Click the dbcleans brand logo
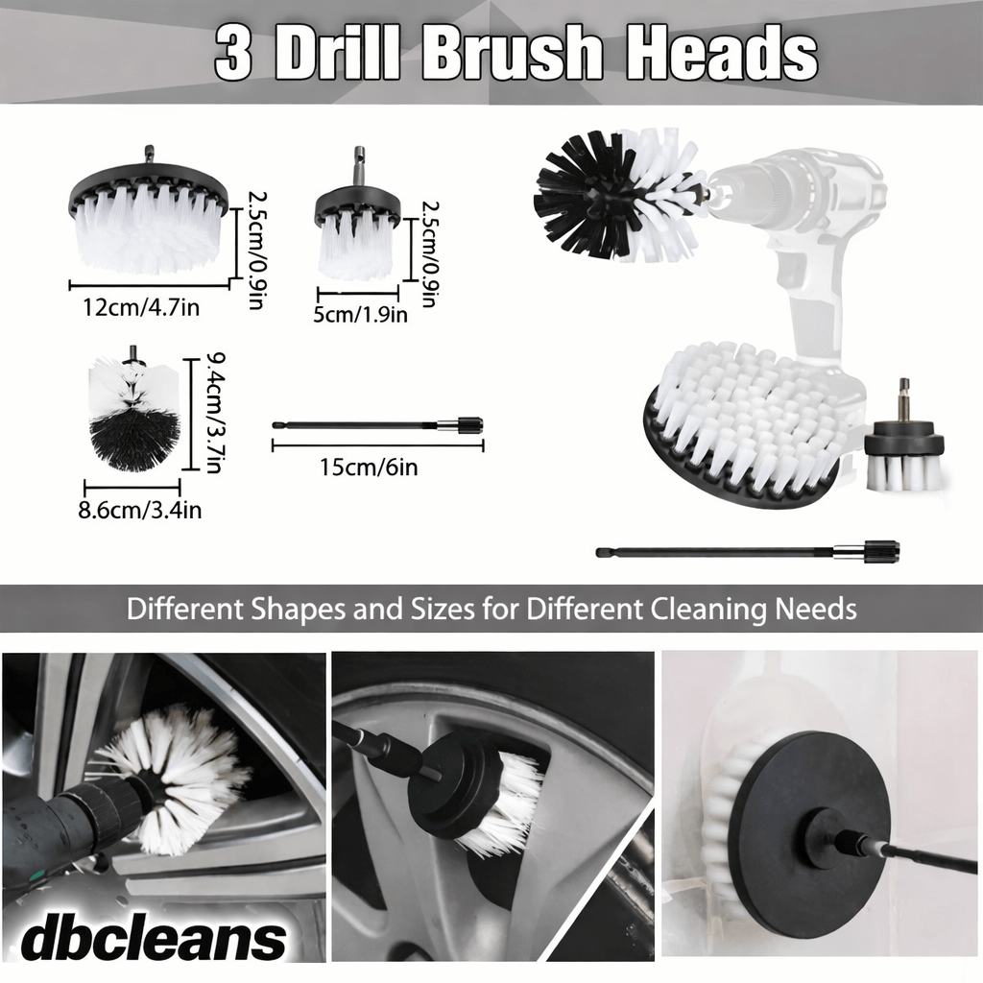click(154, 938)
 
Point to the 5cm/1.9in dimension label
click(361, 314)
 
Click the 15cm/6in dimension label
click(369, 468)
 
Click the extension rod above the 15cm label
click(378, 425)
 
